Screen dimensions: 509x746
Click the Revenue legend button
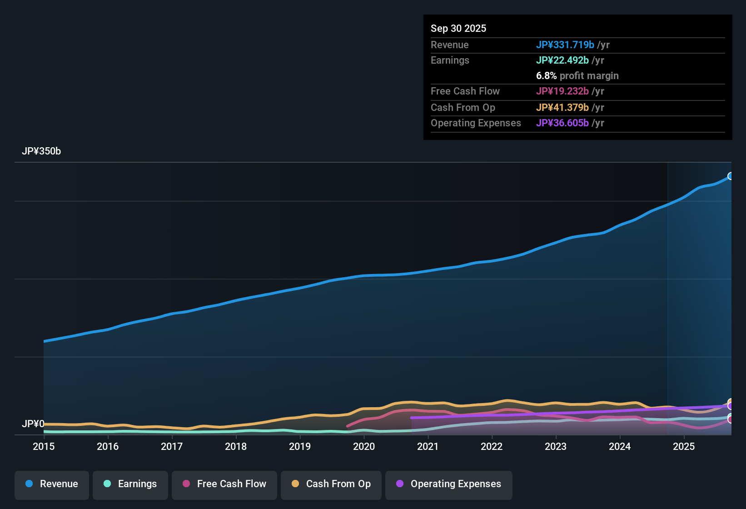click(52, 484)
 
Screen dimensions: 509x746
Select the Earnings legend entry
click(130, 484)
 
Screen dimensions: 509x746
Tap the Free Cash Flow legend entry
click(224, 484)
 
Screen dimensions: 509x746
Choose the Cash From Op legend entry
click(331, 484)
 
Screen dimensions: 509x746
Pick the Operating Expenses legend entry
click(449, 484)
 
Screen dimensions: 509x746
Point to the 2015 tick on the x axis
click(44, 446)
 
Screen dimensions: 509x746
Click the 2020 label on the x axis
click(364, 446)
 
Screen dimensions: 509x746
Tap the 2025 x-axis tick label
click(684, 446)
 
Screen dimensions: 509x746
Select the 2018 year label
click(236, 446)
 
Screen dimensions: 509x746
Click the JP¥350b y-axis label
click(41, 151)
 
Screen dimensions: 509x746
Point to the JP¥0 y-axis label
click(33, 424)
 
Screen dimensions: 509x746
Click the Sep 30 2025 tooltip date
click(458, 28)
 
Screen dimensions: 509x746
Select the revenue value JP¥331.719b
click(565, 45)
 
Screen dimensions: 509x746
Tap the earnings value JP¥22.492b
click(562, 60)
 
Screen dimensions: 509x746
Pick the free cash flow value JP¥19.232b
click(562, 91)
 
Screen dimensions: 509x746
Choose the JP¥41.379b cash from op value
click(562, 107)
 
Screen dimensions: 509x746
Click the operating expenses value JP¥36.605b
click(562, 123)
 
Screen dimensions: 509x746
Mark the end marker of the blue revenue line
click(731, 176)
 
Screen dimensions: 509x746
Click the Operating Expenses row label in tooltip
click(476, 123)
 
